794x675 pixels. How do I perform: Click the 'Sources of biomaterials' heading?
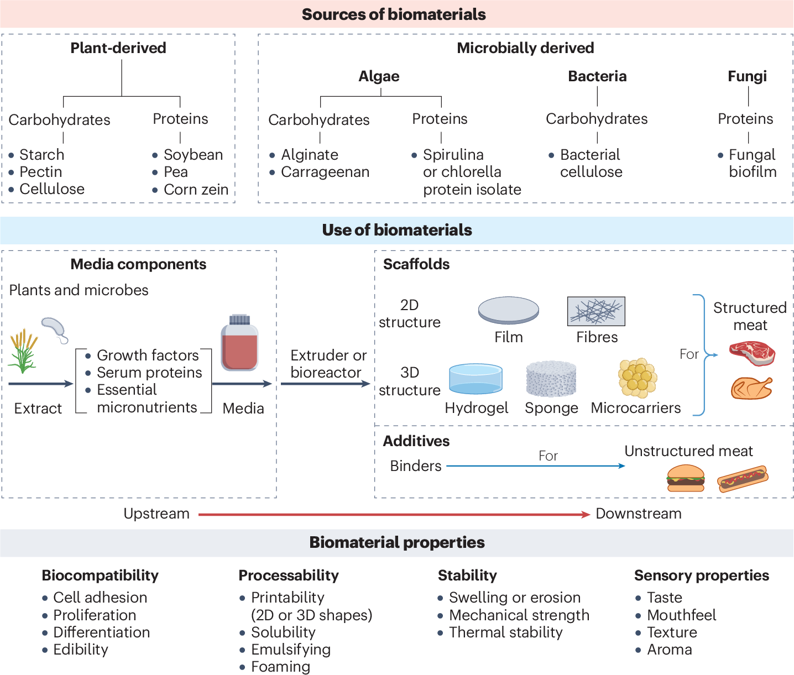[x=394, y=14]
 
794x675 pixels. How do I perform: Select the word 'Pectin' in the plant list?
[x=40, y=172]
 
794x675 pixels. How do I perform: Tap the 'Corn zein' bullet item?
[x=196, y=190]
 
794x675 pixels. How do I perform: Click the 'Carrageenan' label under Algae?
[x=325, y=172]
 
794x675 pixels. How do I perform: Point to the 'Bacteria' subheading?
[x=597, y=76]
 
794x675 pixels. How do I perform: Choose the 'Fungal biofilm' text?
[x=752, y=163]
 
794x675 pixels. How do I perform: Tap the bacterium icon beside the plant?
[x=54, y=329]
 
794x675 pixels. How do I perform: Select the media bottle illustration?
[x=239, y=343]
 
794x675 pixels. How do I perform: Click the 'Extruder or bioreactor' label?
[x=328, y=364]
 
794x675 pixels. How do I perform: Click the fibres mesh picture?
[x=596, y=311]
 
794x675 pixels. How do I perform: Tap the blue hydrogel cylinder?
[x=476, y=379]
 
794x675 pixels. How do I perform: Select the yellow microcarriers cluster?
[x=638, y=378]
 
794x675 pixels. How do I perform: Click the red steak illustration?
[x=752, y=353]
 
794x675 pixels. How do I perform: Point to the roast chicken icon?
[x=751, y=388]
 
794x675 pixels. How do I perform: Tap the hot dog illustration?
[x=742, y=479]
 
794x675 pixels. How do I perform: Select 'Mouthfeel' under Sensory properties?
[x=681, y=615]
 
